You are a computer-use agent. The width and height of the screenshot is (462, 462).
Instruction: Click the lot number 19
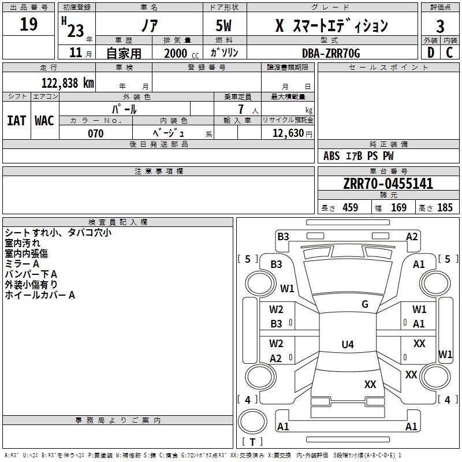pos(28,25)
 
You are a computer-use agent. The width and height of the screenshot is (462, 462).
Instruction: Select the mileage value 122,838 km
pos(67,83)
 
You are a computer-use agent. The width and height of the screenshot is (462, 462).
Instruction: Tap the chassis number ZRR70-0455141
pos(388,184)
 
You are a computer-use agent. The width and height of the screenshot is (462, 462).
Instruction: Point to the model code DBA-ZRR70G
pos(331,53)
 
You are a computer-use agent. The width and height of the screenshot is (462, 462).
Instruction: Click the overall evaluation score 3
pos(440,26)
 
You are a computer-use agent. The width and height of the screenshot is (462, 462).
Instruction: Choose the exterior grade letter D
pos(430,53)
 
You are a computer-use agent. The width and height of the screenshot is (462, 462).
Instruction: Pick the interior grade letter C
pos(449,53)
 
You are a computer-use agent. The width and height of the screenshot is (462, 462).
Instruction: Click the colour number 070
pos(95,133)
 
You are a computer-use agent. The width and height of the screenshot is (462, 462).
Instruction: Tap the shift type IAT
pos(16,121)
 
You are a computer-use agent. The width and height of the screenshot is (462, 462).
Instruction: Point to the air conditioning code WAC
pos(44,121)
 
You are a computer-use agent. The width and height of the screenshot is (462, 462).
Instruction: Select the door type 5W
pos(225,26)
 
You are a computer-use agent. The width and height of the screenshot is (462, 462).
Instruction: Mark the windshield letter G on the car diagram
pos(364,304)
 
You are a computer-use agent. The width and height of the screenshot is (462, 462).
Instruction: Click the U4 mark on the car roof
pos(347,345)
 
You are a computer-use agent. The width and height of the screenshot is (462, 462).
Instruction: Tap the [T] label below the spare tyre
pos(252,442)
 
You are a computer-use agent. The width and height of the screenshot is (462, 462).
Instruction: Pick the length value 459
pos(351,208)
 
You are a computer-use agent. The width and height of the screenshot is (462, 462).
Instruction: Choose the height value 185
pos(445,208)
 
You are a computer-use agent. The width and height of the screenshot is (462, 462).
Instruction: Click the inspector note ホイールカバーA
pos(40,295)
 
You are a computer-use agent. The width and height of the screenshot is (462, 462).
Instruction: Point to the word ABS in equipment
pos(331,156)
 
